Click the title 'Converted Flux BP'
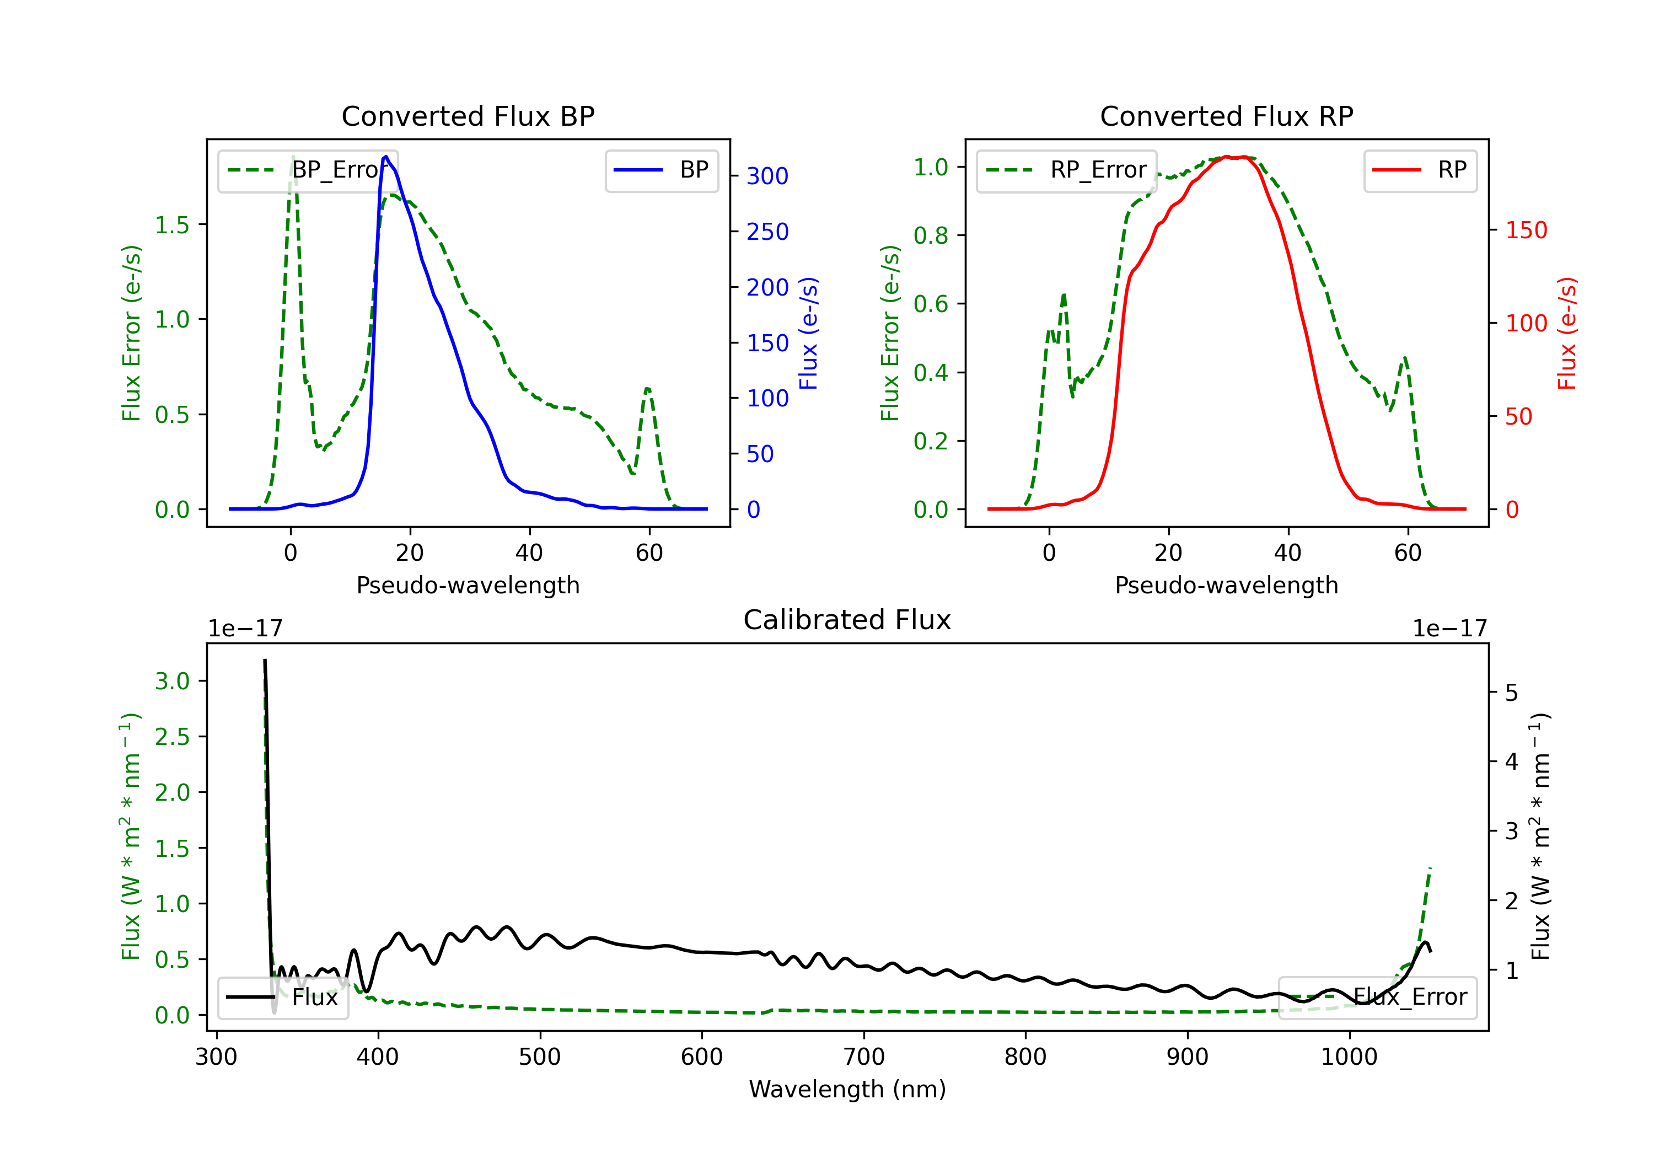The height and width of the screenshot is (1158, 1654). (x=468, y=116)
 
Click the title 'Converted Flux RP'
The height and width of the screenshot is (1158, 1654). (x=1226, y=116)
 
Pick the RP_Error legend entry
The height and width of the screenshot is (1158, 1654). (x=1066, y=170)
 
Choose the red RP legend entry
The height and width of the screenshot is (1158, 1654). (x=1420, y=170)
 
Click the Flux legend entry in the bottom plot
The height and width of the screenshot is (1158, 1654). (x=283, y=998)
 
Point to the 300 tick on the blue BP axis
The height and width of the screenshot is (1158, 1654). (x=767, y=176)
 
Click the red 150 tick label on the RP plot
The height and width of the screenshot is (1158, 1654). (x=1526, y=230)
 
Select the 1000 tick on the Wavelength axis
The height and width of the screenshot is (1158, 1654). (x=1349, y=1057)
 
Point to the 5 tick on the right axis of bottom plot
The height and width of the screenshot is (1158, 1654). (x=1511, y=693)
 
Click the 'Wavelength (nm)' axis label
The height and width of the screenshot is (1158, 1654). (x=847, y=1089)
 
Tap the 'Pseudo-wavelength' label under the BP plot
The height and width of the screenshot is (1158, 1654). (x=468, y=585)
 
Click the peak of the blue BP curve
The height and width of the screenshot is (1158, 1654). (x=386, y=157)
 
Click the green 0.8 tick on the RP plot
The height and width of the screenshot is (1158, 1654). (x=930, y=235)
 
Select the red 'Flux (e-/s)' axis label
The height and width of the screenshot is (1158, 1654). (x=1567, y=333)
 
